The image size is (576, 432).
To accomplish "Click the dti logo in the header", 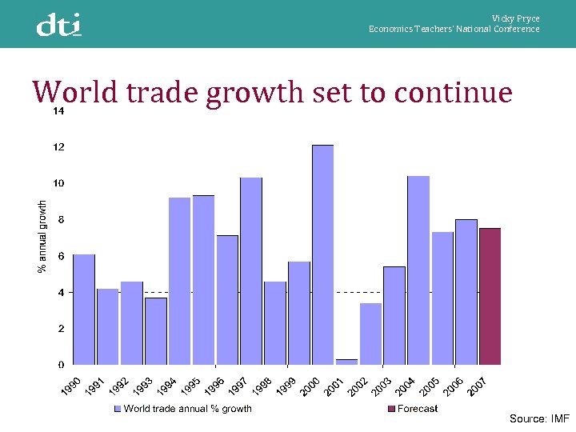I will [x=58, y=26].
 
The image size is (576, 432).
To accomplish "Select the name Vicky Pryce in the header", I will [x=515, y=18].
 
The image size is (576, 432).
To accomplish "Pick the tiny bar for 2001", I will [x=346, y=362].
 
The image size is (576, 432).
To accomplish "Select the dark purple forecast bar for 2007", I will [x=490, y=296].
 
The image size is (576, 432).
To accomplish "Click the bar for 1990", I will [x=84, y=309].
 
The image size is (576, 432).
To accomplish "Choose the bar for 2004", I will [x=418, y=270].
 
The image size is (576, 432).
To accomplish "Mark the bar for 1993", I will [x=156, y=330].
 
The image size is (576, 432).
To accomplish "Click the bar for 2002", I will [x=370, y=334].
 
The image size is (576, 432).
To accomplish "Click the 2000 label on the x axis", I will [x=310, y=386].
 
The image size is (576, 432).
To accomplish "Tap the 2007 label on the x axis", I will [x=478, y=386].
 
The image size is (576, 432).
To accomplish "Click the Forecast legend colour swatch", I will [x=391, y=409].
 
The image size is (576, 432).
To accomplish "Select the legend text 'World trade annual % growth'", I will [x=187, y=409].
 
